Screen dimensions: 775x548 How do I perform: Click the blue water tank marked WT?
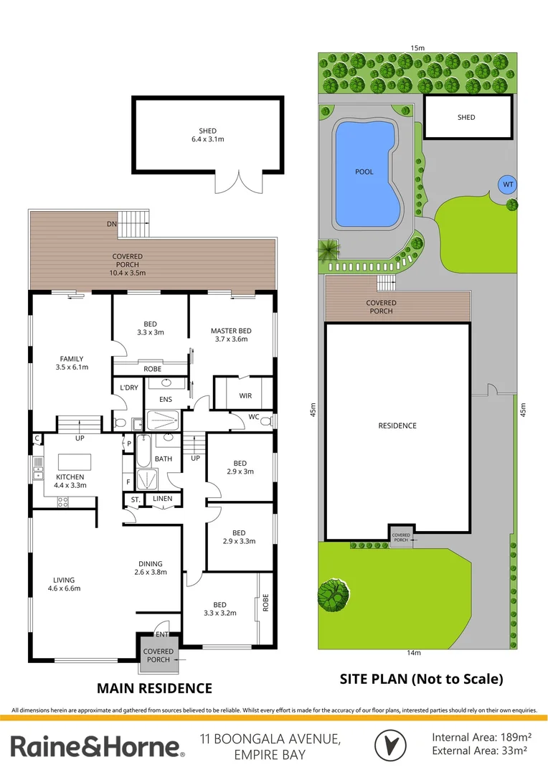coord(508,184)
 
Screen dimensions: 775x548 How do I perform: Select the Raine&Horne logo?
coord(97,746)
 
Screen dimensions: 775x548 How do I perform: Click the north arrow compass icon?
coord(390,744)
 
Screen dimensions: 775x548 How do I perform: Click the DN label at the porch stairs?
coord(111,225)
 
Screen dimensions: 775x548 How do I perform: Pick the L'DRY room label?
coord(129,387)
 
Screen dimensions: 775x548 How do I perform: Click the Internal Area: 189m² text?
coord(481,737)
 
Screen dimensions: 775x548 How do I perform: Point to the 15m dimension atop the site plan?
coord(417,48)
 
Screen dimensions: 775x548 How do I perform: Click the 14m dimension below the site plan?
coord(413,652)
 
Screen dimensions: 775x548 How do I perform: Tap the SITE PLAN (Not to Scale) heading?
coord(421,678)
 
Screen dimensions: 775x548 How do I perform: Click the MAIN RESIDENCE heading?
coord(154,688)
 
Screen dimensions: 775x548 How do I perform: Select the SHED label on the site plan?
coord(466,117)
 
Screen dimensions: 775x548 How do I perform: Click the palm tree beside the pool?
coord(329,249)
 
